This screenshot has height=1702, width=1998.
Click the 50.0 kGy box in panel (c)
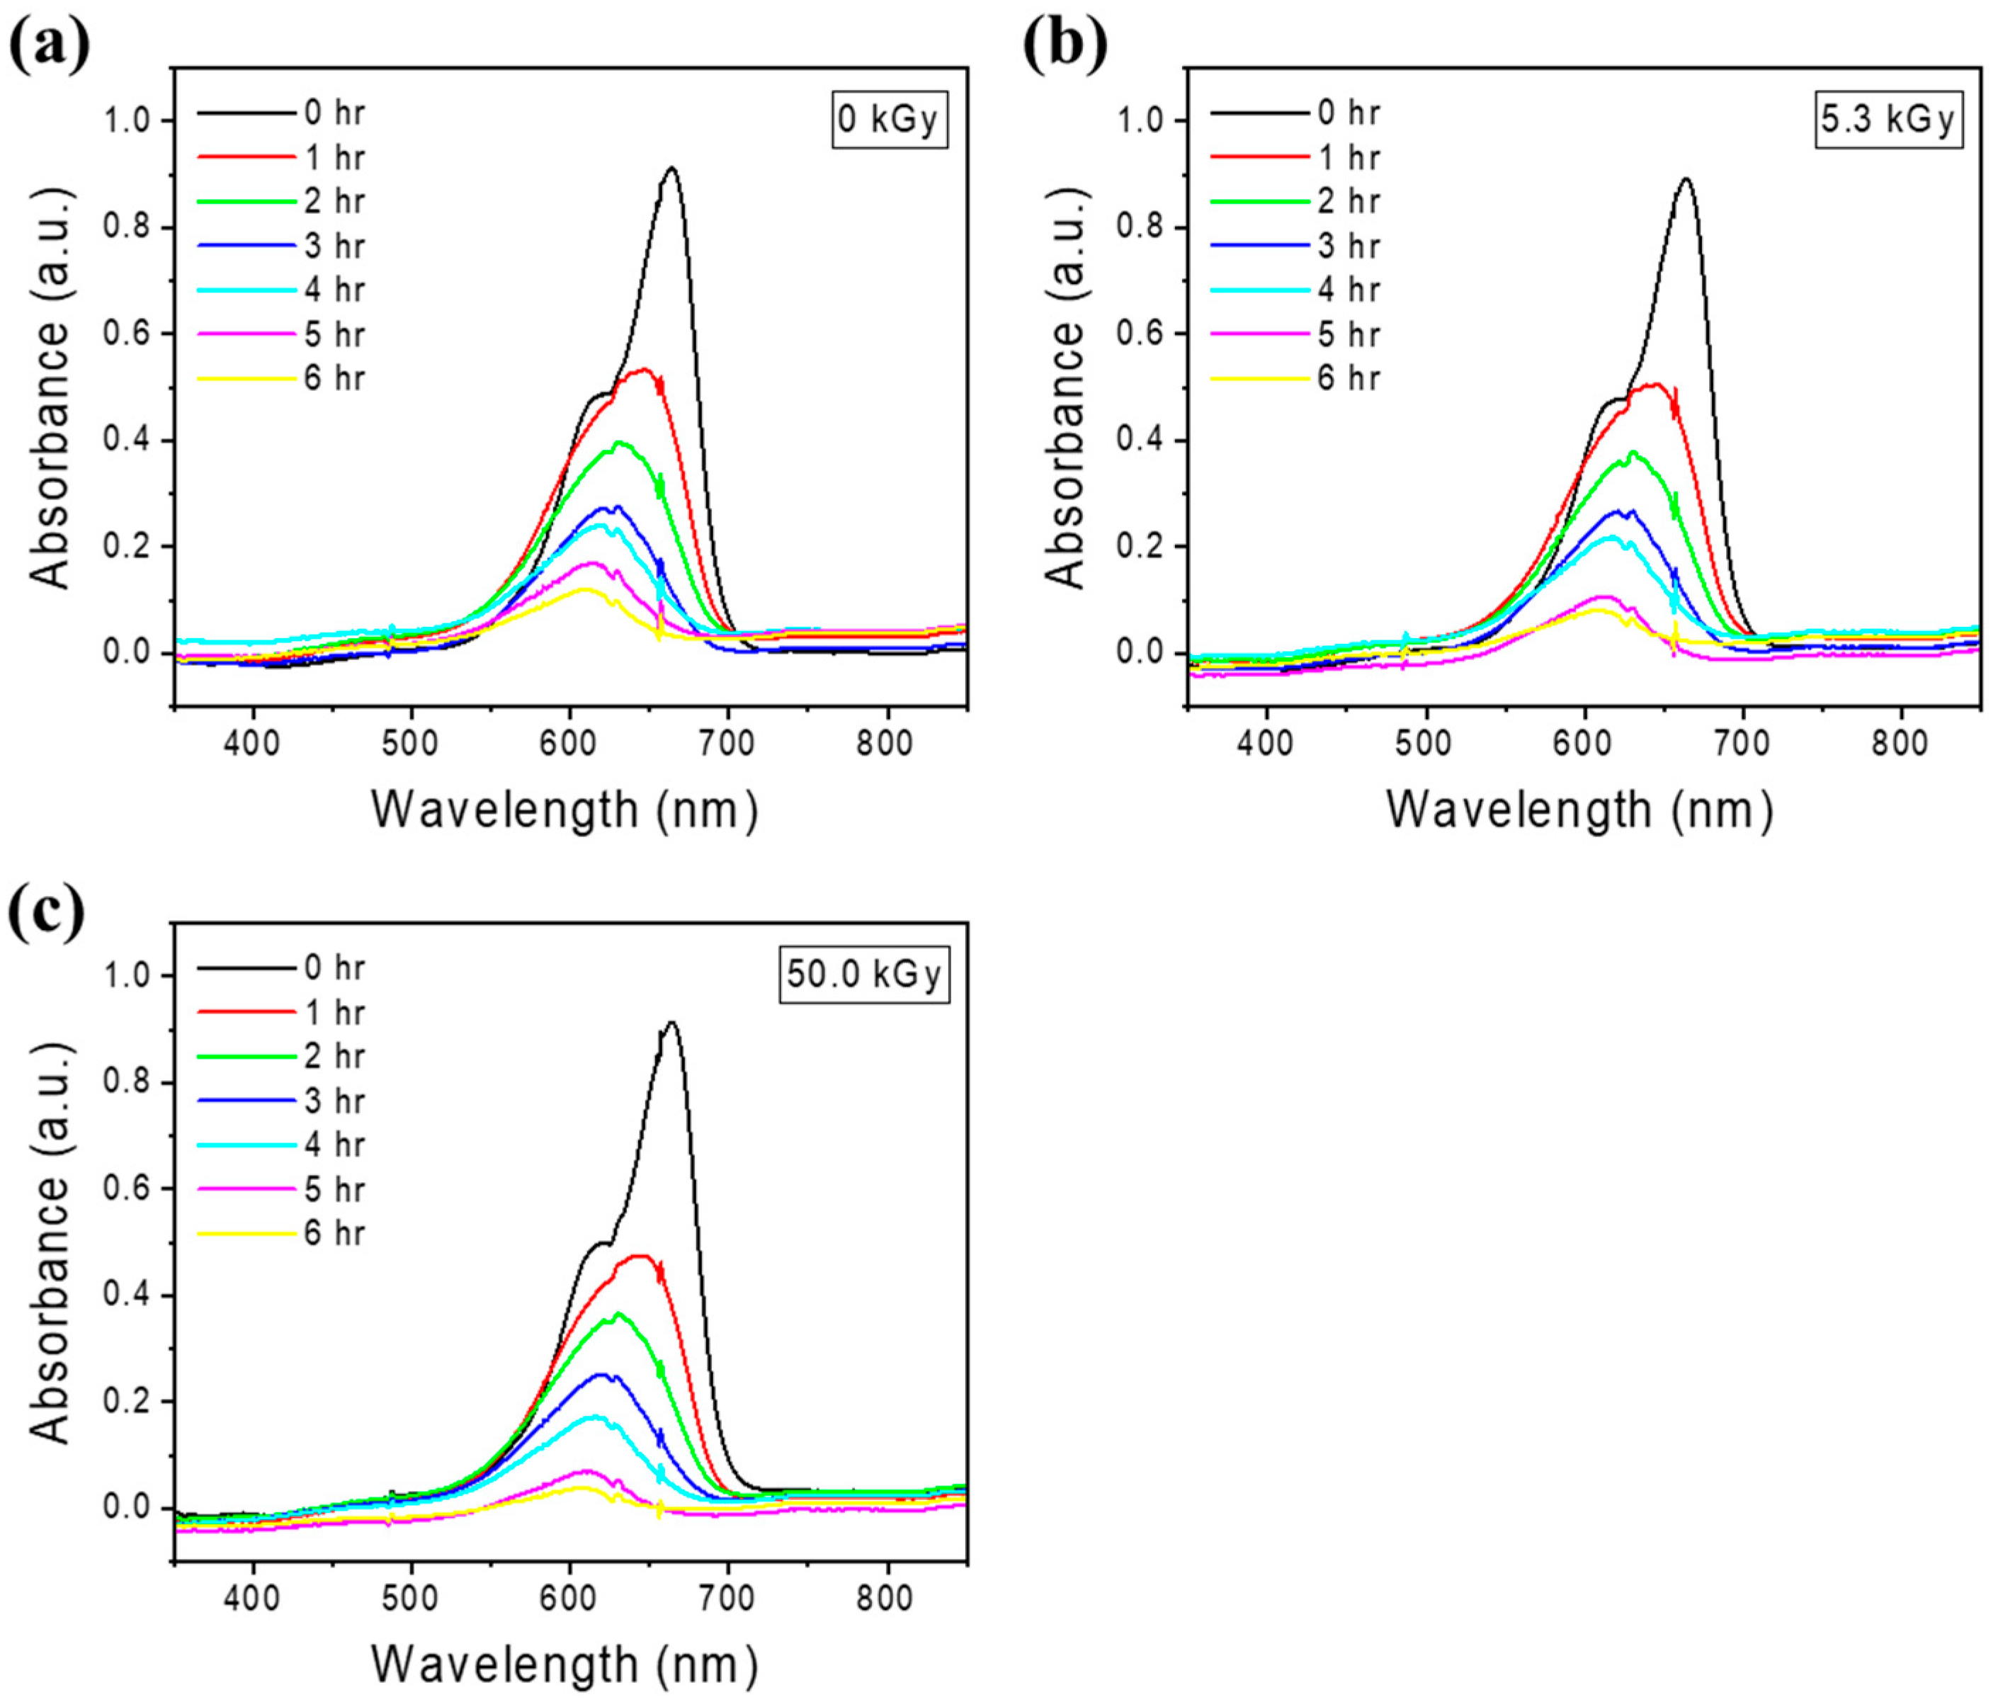(864, 975)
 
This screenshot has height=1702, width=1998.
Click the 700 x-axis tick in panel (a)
(727, 744)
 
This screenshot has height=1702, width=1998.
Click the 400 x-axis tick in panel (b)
(1265, 744)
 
